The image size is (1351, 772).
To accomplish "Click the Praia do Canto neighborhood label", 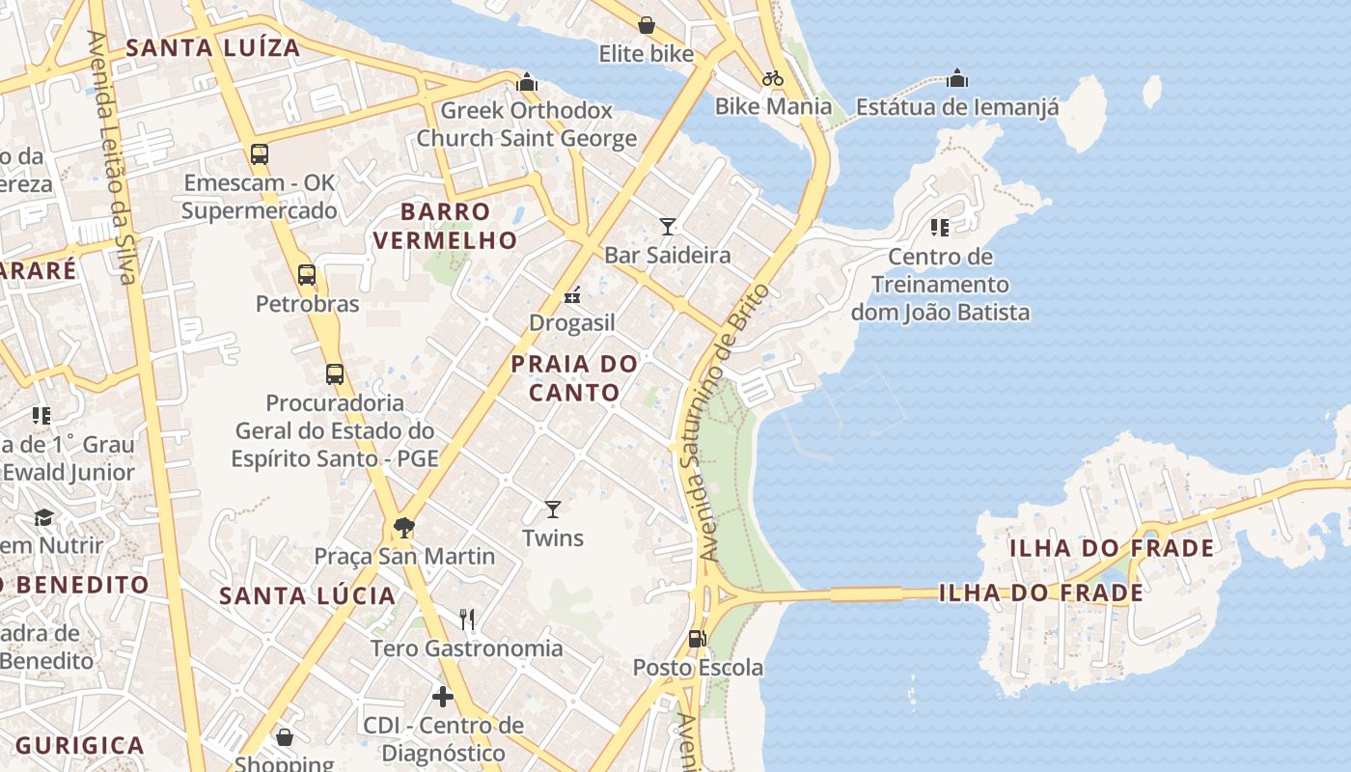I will (x=574, y=378).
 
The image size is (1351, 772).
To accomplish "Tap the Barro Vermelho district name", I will (x=445, y=226).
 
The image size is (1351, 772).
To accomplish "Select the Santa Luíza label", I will (x=213, y=47).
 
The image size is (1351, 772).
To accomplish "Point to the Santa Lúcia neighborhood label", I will (x=308, y=595).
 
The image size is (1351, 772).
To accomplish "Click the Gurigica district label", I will (x=80, y=745).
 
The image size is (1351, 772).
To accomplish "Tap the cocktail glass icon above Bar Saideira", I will (x=667, y=227).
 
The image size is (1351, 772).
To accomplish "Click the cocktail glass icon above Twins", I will (x=553, y=509).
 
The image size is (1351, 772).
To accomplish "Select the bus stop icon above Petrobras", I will (x=307, y=275).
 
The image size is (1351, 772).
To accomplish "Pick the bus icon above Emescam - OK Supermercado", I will (x=259, y=153).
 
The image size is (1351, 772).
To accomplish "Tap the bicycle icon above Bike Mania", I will (x=773, y=78).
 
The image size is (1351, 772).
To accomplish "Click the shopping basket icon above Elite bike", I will (x=646, y=25).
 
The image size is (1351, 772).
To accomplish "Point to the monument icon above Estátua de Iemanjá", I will (x=957, y=78).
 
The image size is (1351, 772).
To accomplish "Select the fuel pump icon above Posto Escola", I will (x=697, y=639).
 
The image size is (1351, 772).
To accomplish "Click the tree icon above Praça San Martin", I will (x=404, y=528).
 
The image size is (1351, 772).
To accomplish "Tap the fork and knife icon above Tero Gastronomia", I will (x=467, y=619).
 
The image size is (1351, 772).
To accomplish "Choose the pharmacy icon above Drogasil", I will (x=572, y=294).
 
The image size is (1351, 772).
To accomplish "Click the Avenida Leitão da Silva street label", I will (x=111, y=159).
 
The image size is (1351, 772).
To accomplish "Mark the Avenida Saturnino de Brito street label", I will (x=726, y=423).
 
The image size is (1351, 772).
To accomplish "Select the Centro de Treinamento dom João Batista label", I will (x=940, y=285).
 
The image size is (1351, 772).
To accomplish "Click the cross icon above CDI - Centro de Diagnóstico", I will (x=443, y=696).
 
